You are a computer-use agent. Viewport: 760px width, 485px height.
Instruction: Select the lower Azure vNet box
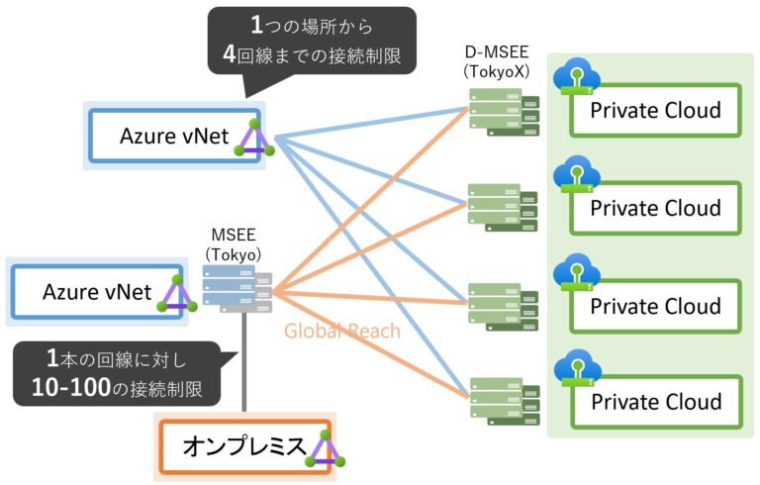pos(96,292)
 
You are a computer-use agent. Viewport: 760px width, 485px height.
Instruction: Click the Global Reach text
pos(342,331)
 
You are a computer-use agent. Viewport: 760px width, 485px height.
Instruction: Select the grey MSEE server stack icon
pos(237,287)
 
